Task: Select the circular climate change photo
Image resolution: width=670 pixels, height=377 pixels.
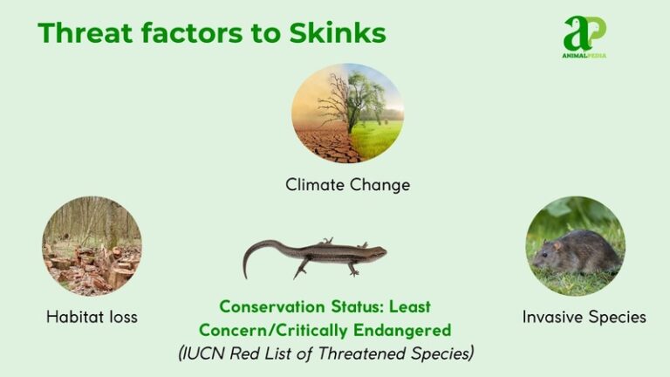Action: (x=347, y=113)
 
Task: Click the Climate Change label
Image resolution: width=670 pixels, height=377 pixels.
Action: (x=347, y=185)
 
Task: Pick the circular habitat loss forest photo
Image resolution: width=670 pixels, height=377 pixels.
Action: (x=92, y=245)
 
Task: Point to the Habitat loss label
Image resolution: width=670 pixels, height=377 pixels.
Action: (x=92, y=317)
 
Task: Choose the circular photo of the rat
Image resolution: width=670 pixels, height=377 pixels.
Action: (x=575, y=245)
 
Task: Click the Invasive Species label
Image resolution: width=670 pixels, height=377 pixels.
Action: (x=584, y=317)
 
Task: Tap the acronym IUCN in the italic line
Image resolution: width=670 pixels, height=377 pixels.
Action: (x=206, y=353)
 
